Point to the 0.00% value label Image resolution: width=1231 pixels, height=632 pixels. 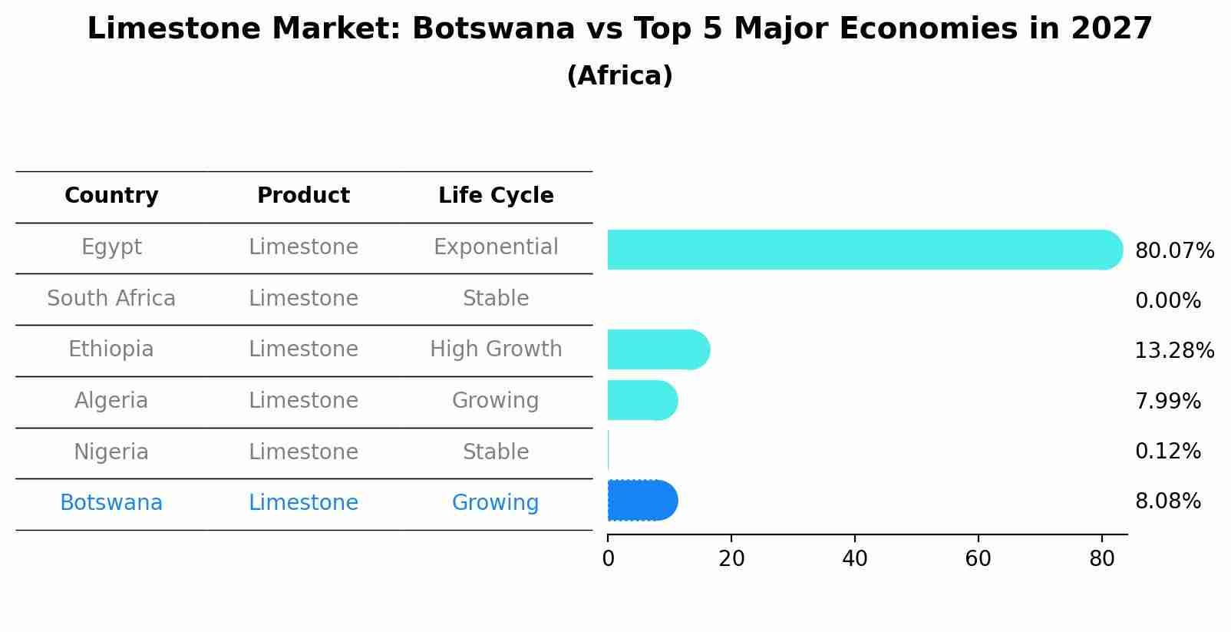(1167, 301)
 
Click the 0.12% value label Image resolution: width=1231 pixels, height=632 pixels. (1167, 452)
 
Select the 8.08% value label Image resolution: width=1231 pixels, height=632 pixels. (1167, 501)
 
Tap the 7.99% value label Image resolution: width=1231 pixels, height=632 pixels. (1167, 402)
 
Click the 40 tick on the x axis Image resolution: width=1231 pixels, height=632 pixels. (854, 559)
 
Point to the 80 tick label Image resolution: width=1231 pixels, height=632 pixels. (1101, 559)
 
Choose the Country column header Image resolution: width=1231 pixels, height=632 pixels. (111, 196)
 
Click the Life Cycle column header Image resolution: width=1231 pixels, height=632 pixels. (496, 196)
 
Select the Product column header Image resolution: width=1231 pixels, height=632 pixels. (303, 196)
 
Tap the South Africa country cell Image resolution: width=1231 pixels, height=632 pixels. (111, 299)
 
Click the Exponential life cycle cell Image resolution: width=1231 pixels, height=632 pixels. (496, 247)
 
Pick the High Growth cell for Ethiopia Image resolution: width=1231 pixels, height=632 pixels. (496, 349)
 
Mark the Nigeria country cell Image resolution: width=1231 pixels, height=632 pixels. (111, 452)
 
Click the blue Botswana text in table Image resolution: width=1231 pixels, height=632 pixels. (111, 503)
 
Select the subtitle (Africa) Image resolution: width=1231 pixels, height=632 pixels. (619, 76)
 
